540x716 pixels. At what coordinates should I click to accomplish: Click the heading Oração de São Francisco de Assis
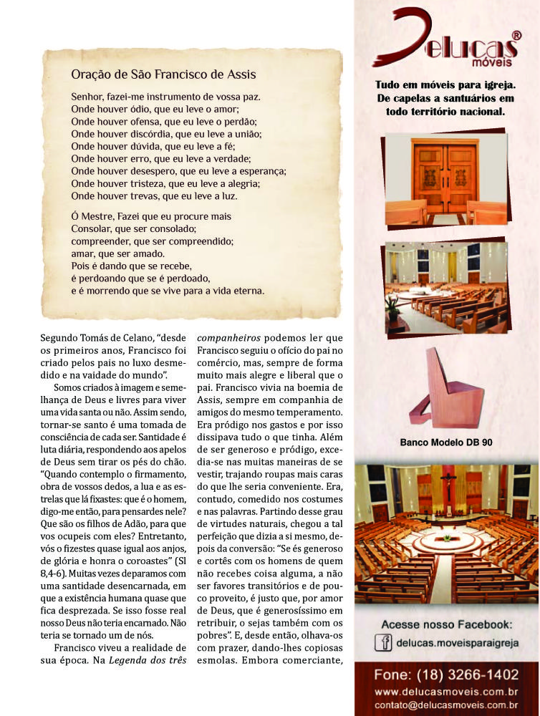163,74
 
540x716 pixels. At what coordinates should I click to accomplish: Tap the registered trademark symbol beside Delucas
516,34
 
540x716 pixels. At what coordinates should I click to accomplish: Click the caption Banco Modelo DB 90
445,442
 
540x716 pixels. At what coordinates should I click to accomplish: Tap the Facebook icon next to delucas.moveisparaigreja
383,643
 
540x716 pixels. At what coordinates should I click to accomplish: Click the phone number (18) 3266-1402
445,675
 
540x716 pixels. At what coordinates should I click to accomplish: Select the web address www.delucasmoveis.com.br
445,692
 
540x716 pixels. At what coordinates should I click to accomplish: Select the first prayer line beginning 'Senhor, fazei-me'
165,96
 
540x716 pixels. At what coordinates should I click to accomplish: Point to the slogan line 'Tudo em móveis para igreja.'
445,85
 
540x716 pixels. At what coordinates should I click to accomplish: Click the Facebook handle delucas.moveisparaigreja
456,643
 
